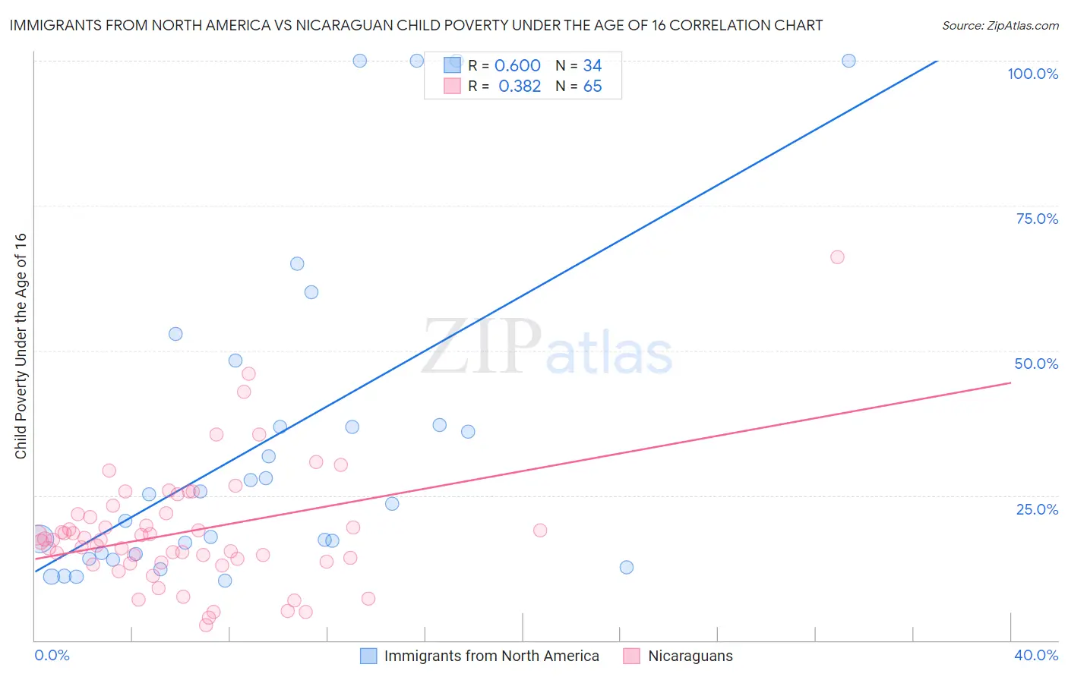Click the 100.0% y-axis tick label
1032,74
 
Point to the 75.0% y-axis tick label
1037,219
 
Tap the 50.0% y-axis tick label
1036,364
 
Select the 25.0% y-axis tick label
1037,509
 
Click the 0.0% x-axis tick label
52,655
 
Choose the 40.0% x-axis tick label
1036,655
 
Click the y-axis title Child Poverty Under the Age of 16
21,345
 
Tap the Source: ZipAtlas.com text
1000,25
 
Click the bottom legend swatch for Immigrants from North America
368,656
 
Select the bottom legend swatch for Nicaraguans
631,656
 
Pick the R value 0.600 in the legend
517,66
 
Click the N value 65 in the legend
592,87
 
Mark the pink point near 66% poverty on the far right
837,257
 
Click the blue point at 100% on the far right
849,61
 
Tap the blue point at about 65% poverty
297,264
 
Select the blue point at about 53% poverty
175,334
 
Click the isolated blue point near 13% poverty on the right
627,567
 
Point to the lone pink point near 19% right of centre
540,531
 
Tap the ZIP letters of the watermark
482,348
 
